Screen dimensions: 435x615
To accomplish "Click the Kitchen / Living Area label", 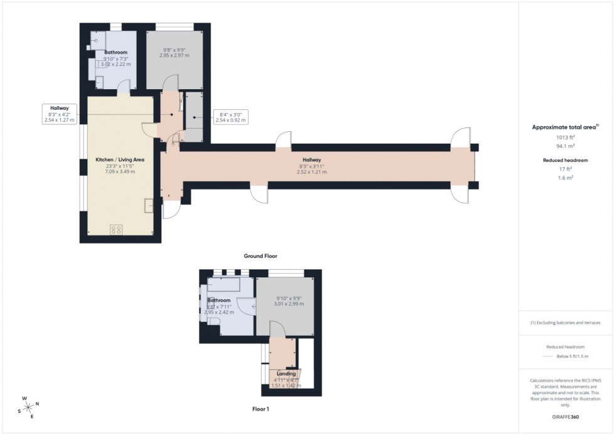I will tap(120, 160).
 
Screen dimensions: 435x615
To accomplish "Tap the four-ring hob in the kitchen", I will tap(116, 230).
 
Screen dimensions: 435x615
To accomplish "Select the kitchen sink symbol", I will tap(149, 205).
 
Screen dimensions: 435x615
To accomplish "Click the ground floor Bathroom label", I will tap(115, 52).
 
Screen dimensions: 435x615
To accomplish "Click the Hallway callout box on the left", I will tap(60, 114).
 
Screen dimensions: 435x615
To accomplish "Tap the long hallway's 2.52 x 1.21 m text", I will tap(311, 171).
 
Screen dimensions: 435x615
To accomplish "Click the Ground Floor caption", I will tap(260, 256).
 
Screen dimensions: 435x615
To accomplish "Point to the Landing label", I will tap(286, 373).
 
